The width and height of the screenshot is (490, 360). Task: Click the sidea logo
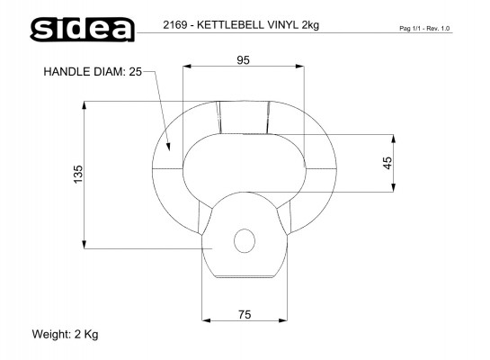coord(82,29)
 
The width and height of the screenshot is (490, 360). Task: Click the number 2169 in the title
coord(174,24)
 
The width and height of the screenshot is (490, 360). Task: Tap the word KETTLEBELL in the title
coord(230,24)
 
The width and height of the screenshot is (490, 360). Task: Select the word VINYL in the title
coord(283,24)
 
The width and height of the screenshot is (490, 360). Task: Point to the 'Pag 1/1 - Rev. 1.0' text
coord(424,29)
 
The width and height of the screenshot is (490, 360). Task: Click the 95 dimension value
coord(243,60)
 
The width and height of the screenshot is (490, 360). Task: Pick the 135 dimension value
coord(78,175)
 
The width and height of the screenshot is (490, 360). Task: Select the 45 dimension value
coord(388,163)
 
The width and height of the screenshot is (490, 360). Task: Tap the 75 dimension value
coord(245,314)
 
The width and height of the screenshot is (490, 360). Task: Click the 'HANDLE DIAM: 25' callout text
coord(93,72)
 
